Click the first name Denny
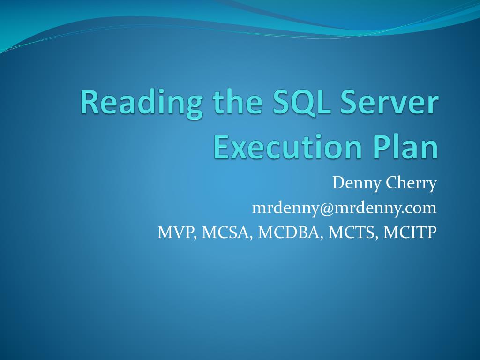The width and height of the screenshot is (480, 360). pyautogui.click(x=356, y=184)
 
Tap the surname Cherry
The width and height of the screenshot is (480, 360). pyautogui.click(x=411, y=184)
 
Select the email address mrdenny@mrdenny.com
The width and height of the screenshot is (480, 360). pyautogui.click(x=344, y=208)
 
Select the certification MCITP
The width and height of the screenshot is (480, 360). pyautogui.click(x=410, y=232)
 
